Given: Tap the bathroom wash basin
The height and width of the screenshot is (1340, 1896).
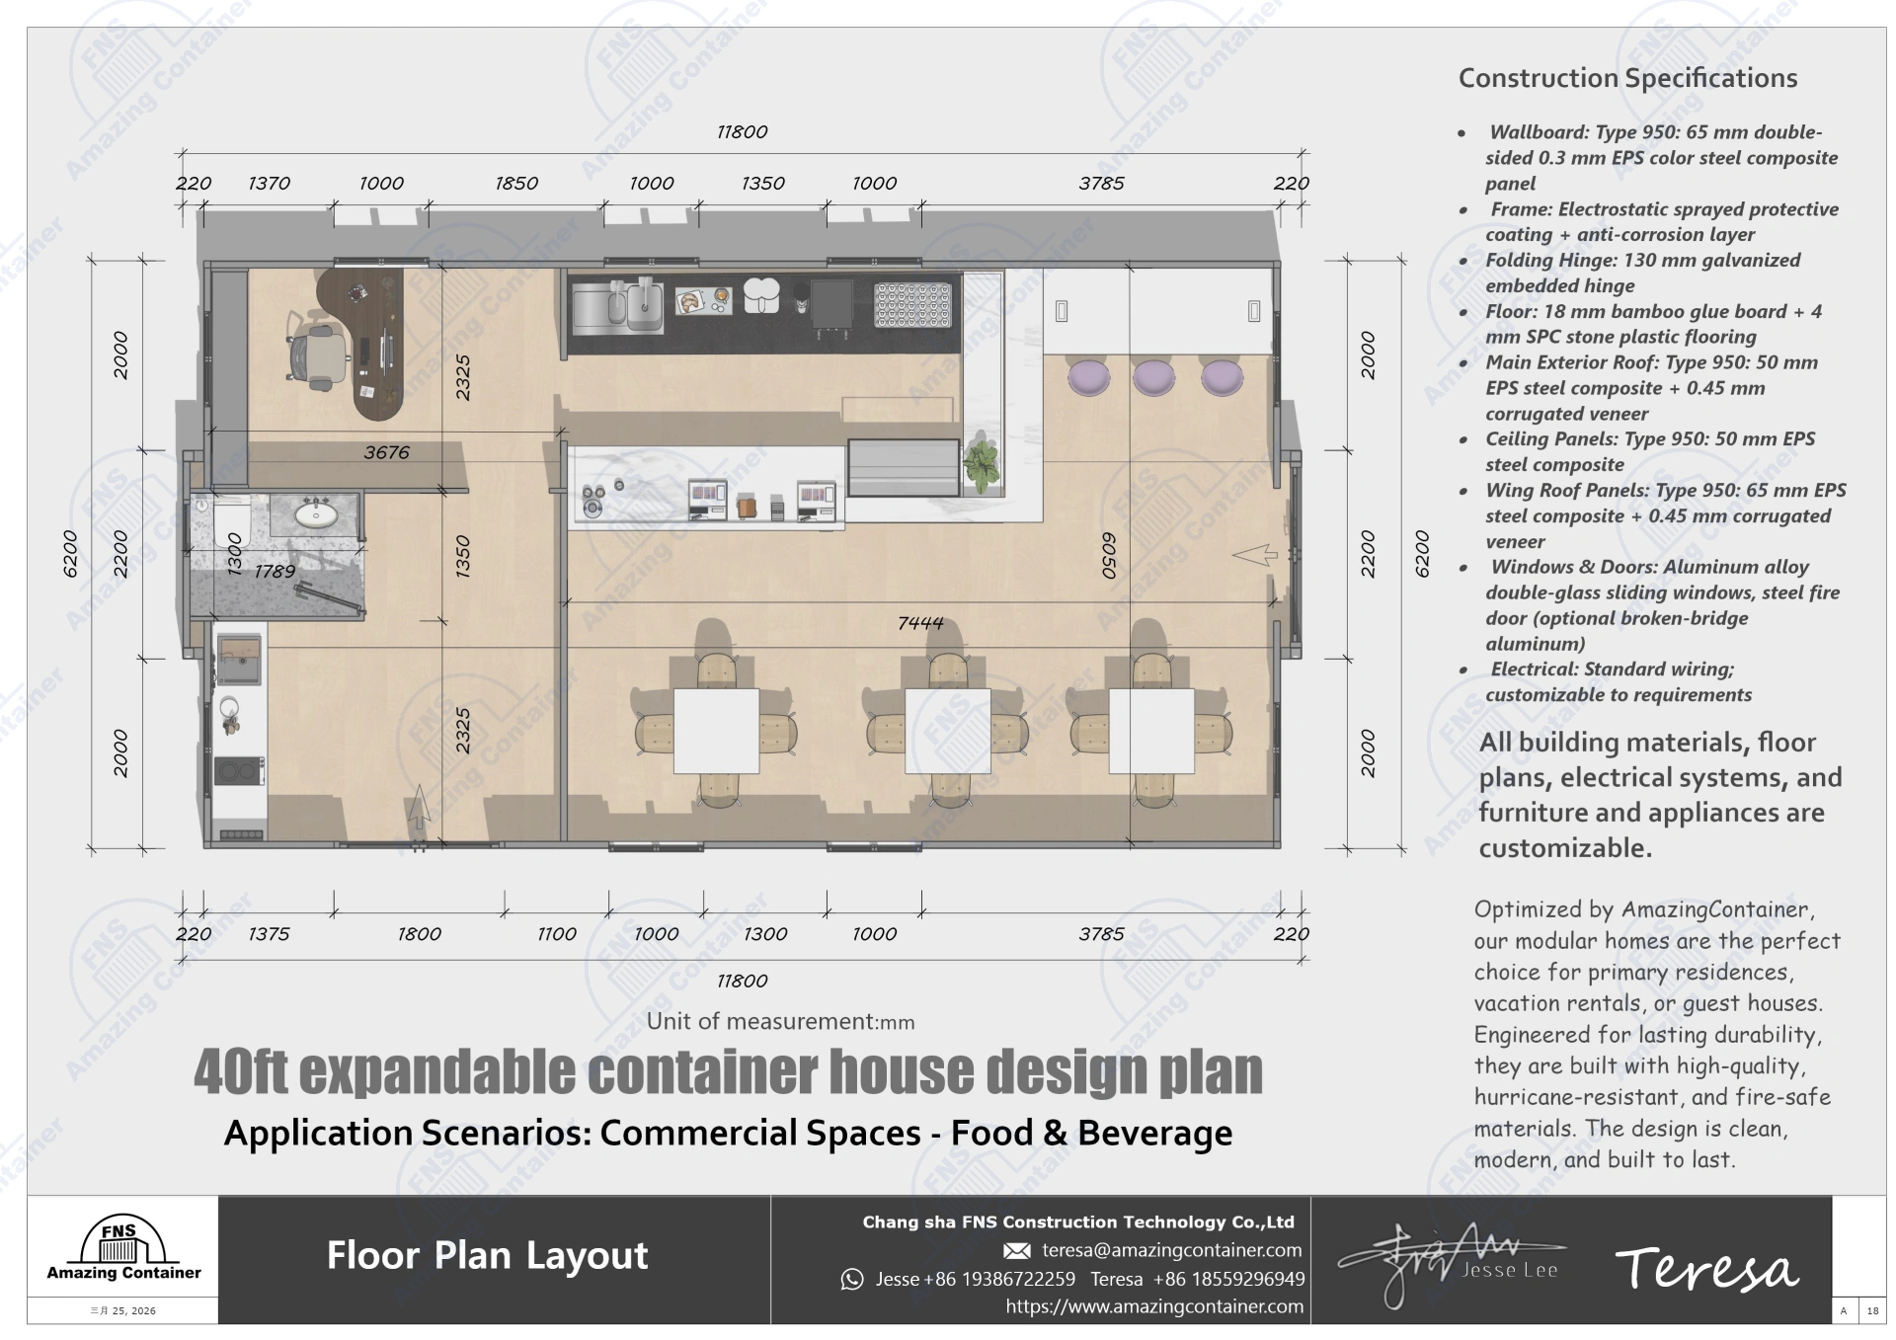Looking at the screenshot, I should click(315, 513).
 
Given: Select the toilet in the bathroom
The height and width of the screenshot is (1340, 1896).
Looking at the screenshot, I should click(230, 519).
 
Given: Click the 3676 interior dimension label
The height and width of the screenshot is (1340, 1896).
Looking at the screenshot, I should click(386, 452).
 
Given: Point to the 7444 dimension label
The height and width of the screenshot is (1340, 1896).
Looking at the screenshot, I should click(920, 623).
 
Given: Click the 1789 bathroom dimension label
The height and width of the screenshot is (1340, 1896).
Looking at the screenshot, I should click(275, 572).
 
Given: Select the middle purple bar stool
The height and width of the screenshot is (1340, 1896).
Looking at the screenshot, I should click(1153, 377).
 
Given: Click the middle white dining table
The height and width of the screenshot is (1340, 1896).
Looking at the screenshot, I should click(947, 731).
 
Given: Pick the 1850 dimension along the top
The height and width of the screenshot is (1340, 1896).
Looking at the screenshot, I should click(516, 184).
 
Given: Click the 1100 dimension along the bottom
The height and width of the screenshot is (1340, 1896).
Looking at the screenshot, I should click(556, 934).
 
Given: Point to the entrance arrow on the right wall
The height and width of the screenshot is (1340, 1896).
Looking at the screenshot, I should click(1255, 555).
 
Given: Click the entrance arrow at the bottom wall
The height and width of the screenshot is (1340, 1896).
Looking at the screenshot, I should click(419, 807).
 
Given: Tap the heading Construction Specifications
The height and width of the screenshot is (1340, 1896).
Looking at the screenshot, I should click(1627, 78).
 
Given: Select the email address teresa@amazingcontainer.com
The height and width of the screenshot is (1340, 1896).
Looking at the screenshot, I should click(1171, 1250).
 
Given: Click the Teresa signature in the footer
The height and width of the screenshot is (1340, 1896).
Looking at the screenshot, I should click(1706, 1269).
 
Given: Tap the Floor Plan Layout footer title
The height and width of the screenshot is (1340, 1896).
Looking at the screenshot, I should click(487, 1255).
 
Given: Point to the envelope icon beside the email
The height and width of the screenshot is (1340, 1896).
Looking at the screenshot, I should click(1016, 1251).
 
